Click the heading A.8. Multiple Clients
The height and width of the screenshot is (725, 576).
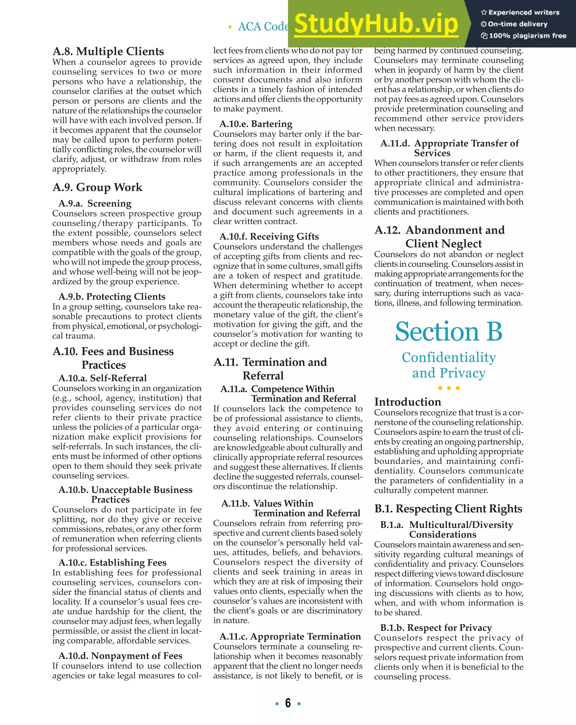click(108, 52)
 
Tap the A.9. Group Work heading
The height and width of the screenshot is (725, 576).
click(97, 187)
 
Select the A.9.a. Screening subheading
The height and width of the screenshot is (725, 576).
click(95, 204)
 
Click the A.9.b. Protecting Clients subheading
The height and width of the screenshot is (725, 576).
click(112, 296)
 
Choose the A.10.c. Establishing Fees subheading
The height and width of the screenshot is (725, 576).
click(112, 563)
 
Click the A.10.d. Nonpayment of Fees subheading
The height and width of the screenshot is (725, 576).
click(120, 656)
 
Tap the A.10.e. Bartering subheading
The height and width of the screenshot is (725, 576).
click(256, 124)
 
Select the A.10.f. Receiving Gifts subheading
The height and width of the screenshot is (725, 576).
click(269, 237)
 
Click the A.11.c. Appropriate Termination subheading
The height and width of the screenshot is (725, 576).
click(290, 637)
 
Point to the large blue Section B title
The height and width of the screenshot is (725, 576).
click(449, 332)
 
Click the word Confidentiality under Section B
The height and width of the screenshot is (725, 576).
click(449, 358)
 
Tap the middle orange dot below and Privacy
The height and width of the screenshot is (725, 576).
click(449, 388)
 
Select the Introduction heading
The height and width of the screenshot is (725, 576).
click(408, 402)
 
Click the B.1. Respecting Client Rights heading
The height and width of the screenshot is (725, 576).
click(448, 509)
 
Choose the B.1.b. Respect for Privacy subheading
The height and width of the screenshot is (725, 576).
click(436, 628)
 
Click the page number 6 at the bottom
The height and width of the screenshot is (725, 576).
click(288, 703)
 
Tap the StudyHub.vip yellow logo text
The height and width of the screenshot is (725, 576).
click(376, 24)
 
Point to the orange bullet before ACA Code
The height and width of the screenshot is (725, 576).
click(230, 27)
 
